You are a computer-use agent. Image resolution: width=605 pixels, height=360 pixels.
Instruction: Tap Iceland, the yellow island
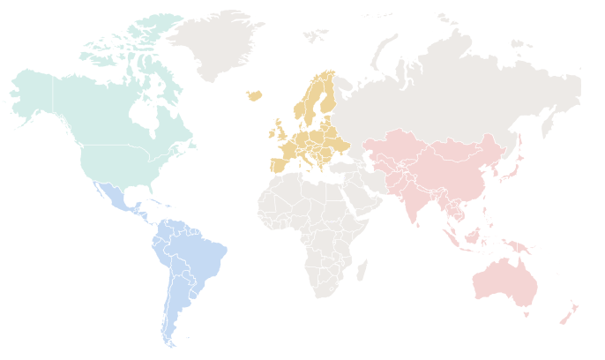click(x=254, y=94)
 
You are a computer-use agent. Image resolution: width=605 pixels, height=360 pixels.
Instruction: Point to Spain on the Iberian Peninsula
click(x=280, y=163)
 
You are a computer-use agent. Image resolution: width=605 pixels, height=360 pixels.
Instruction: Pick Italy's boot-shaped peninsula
click(x=308, y=160)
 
